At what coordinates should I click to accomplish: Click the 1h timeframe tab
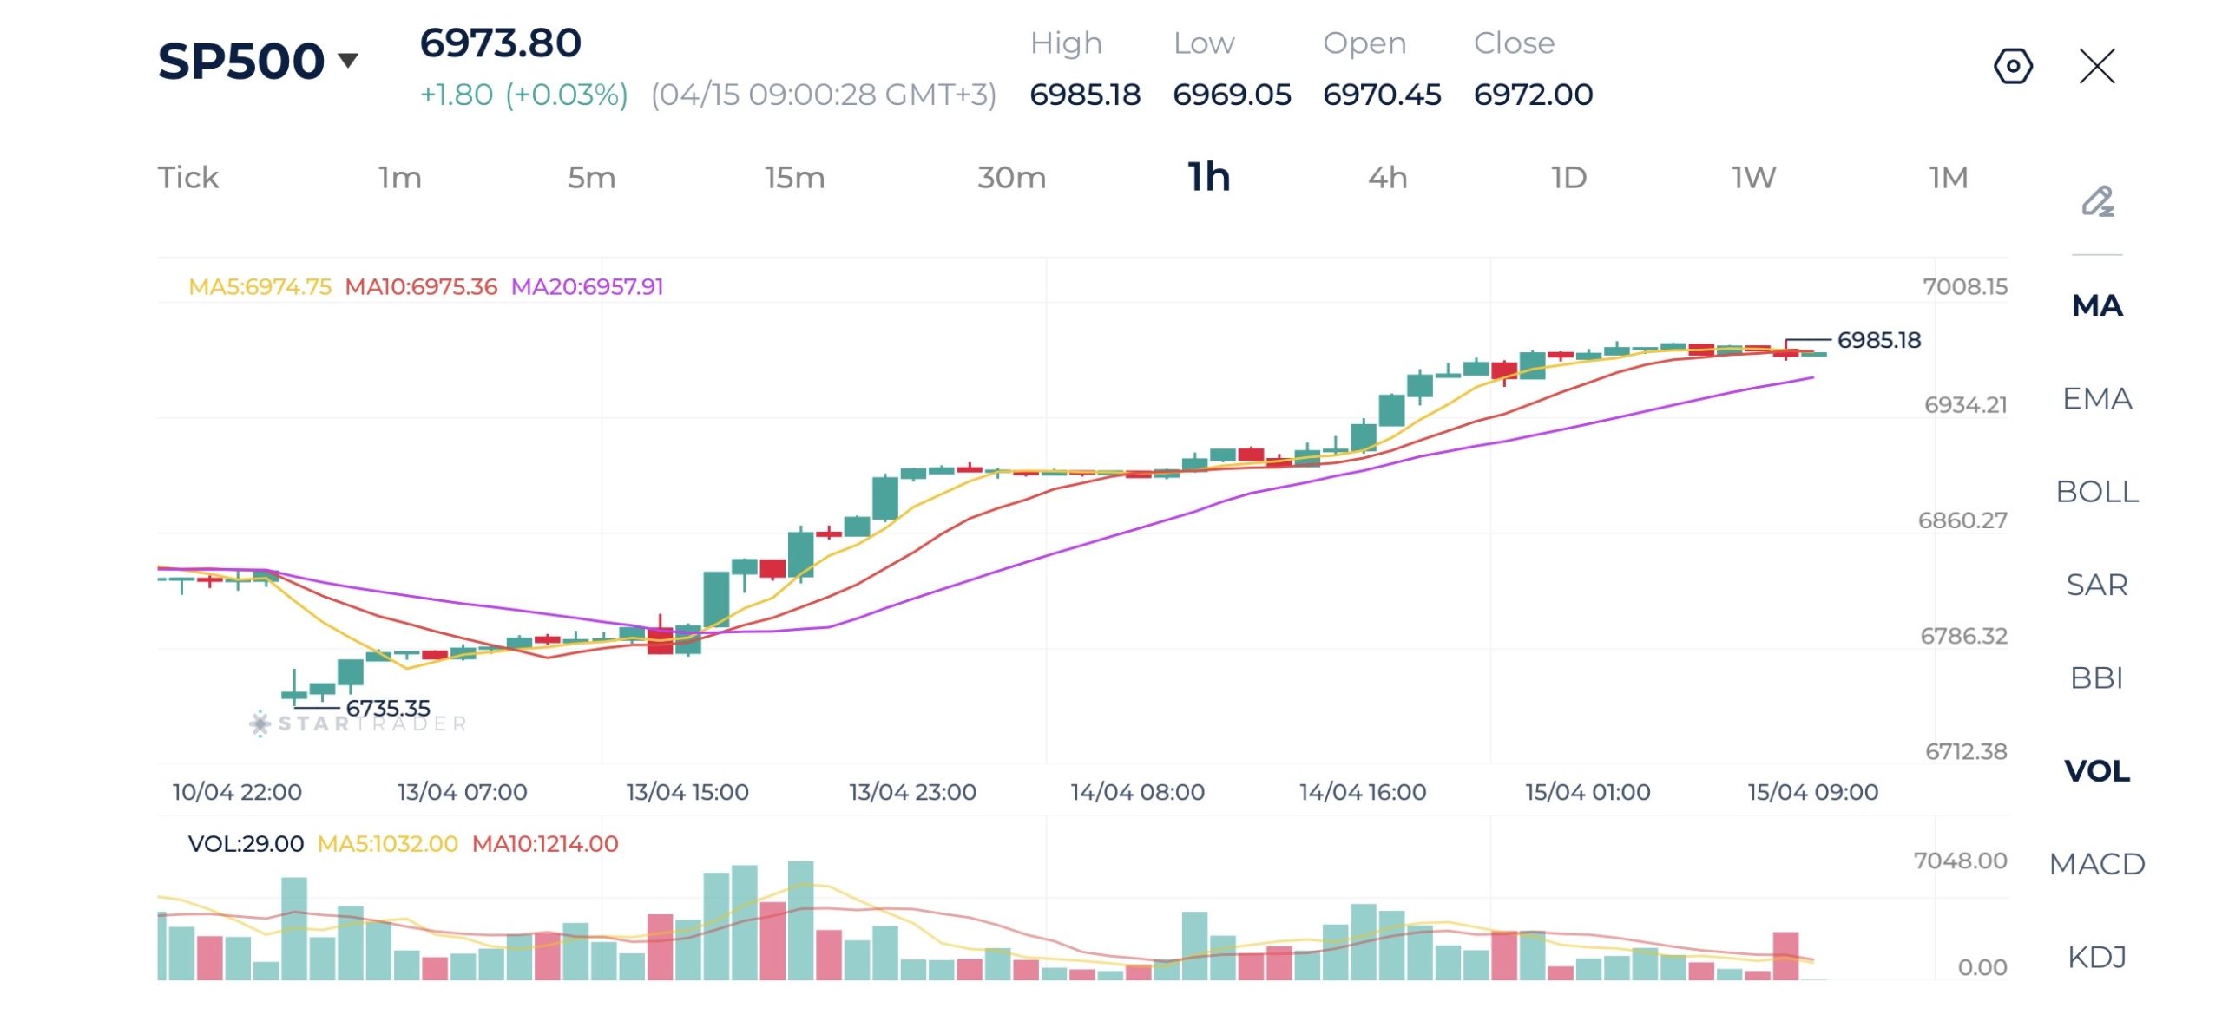click(x=1208, y=177)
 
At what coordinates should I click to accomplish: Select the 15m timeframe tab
click(x=794, y=177)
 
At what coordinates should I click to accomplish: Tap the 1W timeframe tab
click(x=1753, y=177)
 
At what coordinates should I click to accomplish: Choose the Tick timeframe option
click(x=187, y=177)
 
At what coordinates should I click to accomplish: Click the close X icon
click(x=2097, y=66)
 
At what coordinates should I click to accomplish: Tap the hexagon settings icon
click(x=2013, y=66)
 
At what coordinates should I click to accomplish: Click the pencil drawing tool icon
click(x=2097, y=201)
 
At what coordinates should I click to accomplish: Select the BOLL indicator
click(x=2096, y=492)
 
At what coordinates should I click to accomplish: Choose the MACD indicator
click(x=2096, y=864)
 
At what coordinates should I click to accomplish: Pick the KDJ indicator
click(x=2096, y=957)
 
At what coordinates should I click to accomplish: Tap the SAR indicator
click(x=2096, y=585)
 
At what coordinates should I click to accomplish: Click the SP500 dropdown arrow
click(x=348, y=60)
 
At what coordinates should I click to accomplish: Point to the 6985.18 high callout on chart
click(x=1878, y=340)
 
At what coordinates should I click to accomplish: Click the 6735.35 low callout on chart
click(x=387, y=708)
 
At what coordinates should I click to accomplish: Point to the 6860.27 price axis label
click(x=1962, y=520)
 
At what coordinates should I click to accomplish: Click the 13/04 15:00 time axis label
click(x=687, y=791)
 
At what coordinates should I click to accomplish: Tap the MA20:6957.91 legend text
click(x=587, y=286)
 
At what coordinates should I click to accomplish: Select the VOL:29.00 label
click(x=246, y=843)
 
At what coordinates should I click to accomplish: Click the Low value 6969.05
click(x=1232, y=94)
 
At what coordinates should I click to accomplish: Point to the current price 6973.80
click(x=500, y=43)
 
